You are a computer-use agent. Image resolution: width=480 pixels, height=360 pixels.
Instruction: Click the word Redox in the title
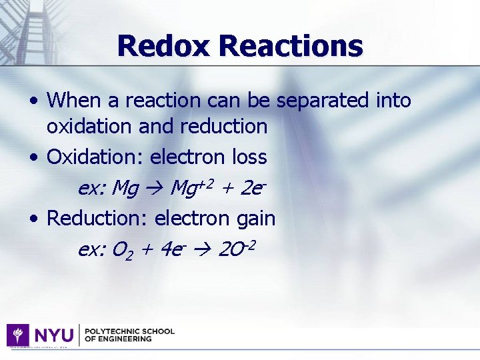[x=163, y=46]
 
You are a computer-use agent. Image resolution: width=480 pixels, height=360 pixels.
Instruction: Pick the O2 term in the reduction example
[x=121, y=250]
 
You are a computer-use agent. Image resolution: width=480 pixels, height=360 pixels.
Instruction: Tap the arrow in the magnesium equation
[x=153, y=189]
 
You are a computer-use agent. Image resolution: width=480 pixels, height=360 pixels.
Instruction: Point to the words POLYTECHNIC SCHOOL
[x=129, y=331]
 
